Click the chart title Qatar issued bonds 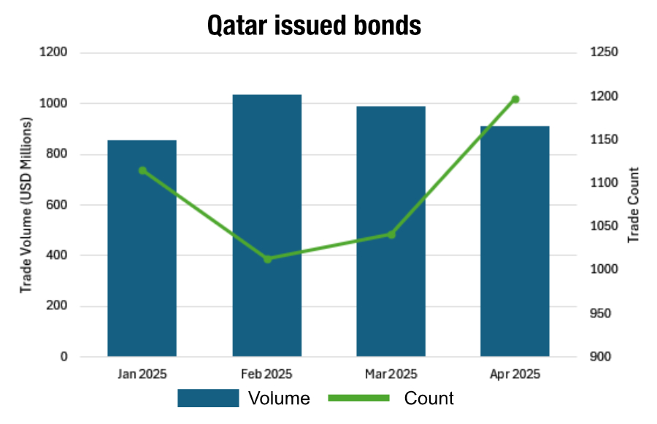point(314,25)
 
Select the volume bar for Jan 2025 point(142,248)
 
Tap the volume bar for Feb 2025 point(267,226)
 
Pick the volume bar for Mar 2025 point(391,231)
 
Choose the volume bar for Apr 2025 point(515,241)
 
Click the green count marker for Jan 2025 point(142,171)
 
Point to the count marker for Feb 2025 point(268,259)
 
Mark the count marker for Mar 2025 point(391,235)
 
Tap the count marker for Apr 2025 point(515,99)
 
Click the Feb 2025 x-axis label point(266,374)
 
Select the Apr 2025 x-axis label point(515,374)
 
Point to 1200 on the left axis point(53,52)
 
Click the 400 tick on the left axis point(56,255)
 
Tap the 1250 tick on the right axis point(604,52)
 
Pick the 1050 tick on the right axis point(604,226)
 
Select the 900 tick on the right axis point(601,357)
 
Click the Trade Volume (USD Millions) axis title point(26,205)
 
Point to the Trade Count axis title point(633,205)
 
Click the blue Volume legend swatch point(208,398)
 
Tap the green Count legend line point(358,398)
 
